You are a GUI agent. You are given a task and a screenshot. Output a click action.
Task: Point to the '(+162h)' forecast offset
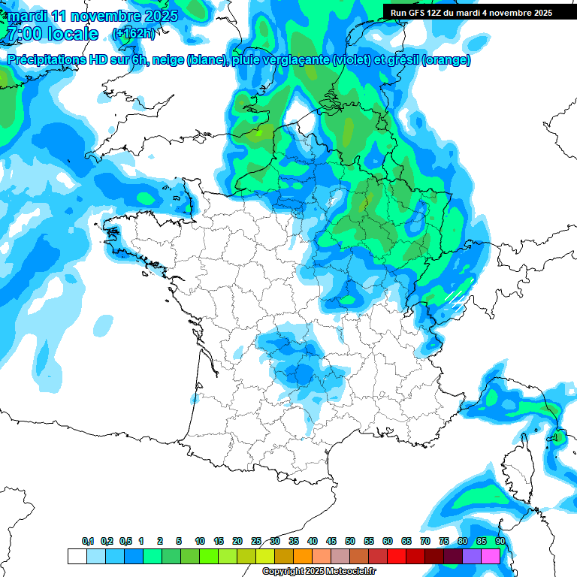tap(133, 34)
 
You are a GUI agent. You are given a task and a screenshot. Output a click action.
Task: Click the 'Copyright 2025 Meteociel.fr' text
tap(319, 572)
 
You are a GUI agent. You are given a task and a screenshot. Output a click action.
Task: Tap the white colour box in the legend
tap(77, 556)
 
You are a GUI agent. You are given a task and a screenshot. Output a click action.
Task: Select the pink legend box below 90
tap(491, 556)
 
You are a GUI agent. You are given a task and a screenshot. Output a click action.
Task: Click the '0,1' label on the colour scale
tap(88, 541)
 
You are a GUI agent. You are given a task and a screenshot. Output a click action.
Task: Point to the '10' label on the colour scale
tap(200, 541)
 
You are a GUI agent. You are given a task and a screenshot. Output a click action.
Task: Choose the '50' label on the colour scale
tap(350, 541)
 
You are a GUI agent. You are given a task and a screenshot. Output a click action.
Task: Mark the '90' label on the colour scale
tap(500, 541)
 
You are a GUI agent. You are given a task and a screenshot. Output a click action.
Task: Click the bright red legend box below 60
tap(397, 556)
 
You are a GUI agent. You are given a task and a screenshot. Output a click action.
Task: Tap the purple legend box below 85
tap(472, 556)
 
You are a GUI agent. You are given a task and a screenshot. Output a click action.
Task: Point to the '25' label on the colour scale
tap(256, 541)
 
